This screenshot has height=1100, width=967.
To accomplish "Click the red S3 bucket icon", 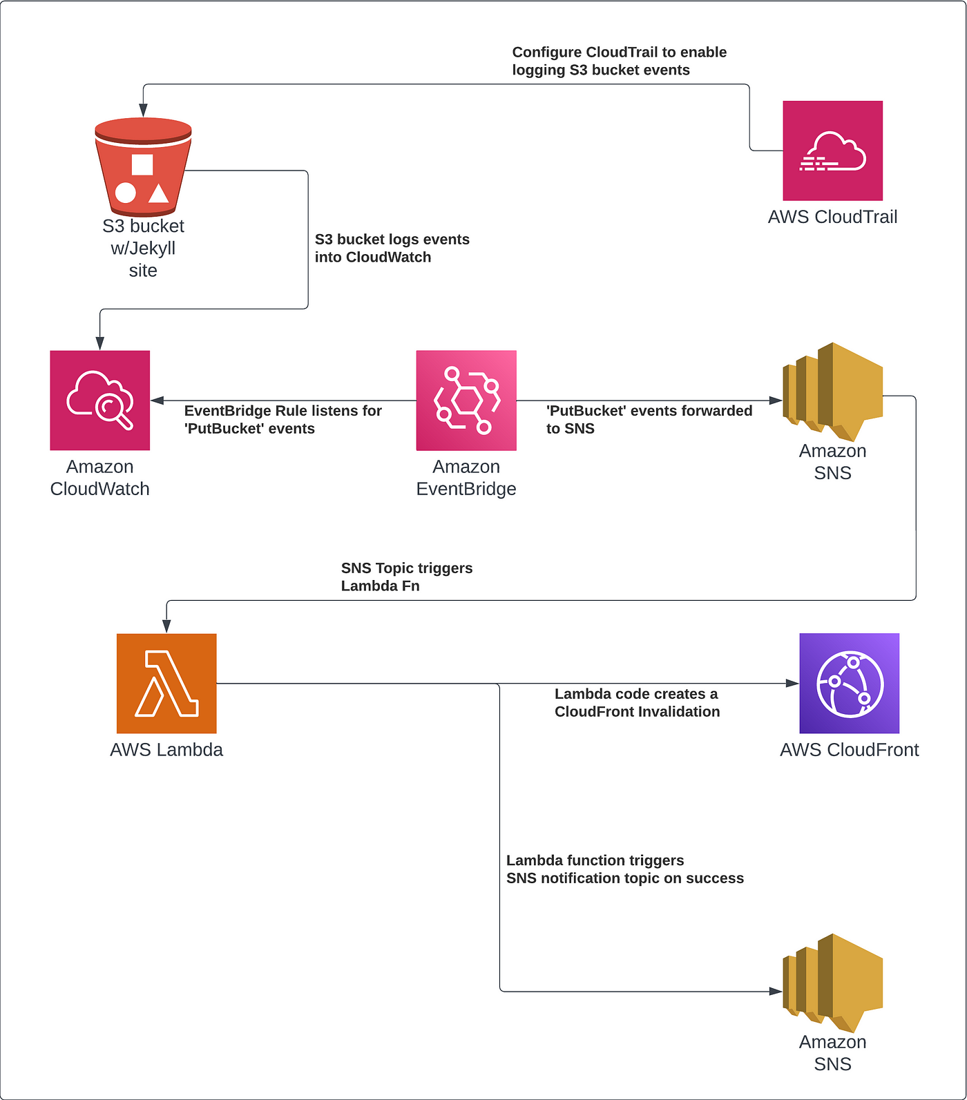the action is [x=143, y=166].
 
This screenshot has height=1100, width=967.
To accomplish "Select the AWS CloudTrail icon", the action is [x=832, y=151].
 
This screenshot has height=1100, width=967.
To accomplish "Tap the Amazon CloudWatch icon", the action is [x=100, y=401].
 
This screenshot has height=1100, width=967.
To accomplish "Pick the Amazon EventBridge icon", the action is [x=466, y=401].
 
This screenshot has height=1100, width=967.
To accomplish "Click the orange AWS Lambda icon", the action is [x=166, y=684].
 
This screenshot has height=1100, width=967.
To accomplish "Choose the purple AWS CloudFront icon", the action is [x=850, y=684].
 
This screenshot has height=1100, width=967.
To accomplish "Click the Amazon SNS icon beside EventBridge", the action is [x=833, y=392].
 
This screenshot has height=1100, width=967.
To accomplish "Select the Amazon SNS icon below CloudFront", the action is [x=833, y=983].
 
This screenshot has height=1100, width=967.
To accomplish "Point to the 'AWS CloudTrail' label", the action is [x=832, y=217].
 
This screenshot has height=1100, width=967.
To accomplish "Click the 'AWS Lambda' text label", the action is [x=166, y=750].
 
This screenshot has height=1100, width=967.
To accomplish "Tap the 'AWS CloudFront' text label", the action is [x=850, y=750].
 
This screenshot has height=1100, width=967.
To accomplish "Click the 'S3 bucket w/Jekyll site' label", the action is [x=143, y=248].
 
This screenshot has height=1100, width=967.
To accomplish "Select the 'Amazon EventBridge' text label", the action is [x=466, y=478].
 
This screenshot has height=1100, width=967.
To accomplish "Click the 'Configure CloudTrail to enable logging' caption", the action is [x=620, y=61].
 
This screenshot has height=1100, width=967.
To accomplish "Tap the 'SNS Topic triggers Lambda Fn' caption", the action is [x=407, y=577].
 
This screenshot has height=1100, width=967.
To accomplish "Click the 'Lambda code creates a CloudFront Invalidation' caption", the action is [x=637, y=703].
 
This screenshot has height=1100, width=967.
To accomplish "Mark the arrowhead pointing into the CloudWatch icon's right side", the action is [x=157, y=401].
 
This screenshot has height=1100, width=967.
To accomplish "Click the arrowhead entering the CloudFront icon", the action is [x=793, y=684].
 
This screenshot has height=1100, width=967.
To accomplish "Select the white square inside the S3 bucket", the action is [x=142, y=165].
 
